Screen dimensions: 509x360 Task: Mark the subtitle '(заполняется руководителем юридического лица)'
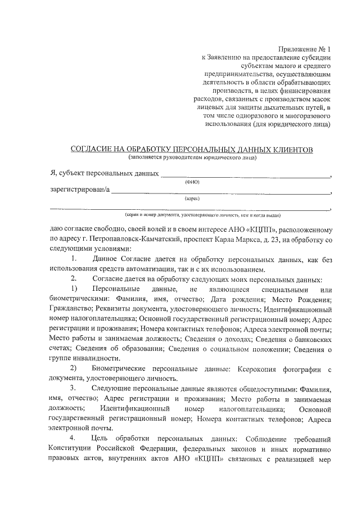point(192,157)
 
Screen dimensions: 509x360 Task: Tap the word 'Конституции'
point(72,449)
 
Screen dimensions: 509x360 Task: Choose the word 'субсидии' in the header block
point(316,57)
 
